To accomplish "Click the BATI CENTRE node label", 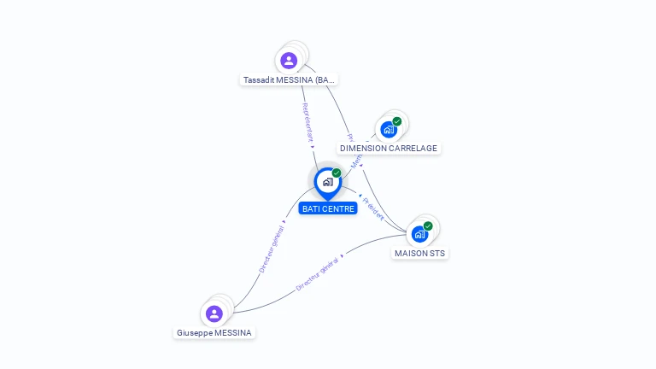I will click(328, 208).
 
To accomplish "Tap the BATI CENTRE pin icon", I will click(327, 182).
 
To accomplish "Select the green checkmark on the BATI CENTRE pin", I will click(337, 173).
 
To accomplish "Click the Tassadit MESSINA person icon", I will click(289, 61).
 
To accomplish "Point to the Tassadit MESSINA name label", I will click(290, 80).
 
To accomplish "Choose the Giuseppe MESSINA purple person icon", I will click(214, 313).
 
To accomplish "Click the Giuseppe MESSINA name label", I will click(214, 333).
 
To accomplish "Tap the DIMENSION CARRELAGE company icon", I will click(389, 130).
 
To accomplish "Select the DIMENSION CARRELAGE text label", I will click(389, 149).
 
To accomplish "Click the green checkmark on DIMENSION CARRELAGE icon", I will click(397, 121).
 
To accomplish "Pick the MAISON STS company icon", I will click(419, 234).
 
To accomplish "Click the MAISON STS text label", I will click(419, 254).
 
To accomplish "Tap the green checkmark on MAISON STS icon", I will click(428, 226).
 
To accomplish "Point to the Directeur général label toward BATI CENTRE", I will click(272, 246).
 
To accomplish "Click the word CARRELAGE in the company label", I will click(410, 149).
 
